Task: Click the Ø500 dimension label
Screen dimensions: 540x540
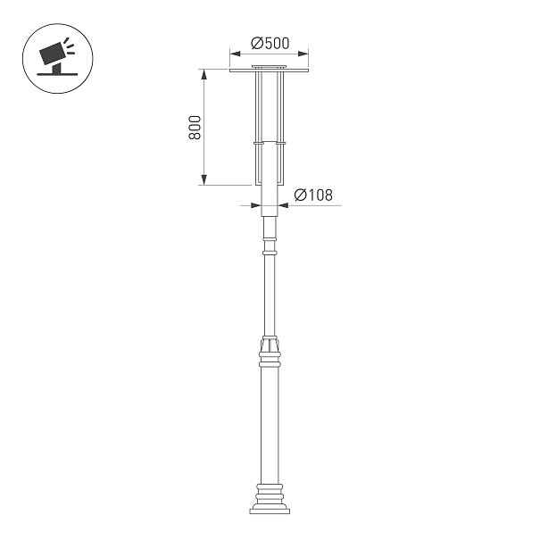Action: tap(270, 43)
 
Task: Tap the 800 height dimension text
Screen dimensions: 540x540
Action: tap(195, 128)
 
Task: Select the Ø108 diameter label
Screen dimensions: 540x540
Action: tap(313, 195)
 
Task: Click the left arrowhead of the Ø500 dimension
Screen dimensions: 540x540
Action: tap(236, 54)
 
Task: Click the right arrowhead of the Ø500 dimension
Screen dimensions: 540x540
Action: tap(303, 54)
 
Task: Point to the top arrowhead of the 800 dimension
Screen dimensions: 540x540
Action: tap(204, 74)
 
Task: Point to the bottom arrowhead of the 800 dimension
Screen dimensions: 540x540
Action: tap(204, 179)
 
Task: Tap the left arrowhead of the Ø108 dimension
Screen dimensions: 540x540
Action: tap(256, 205)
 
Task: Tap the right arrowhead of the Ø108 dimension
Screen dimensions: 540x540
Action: tap(284, 205)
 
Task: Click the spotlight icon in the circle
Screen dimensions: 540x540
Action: tap(57, 58)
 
